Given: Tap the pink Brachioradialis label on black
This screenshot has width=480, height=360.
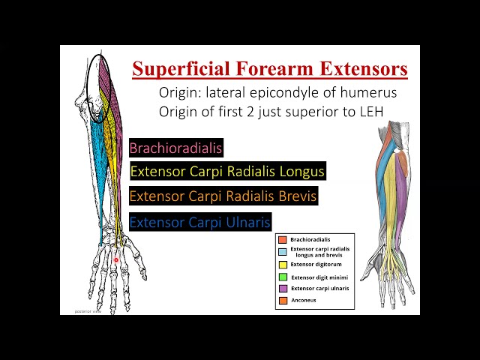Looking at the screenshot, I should (176, 148).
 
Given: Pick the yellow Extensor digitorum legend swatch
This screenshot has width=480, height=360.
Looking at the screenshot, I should (283, 264).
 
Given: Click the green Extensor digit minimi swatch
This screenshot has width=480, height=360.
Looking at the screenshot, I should (283, 277).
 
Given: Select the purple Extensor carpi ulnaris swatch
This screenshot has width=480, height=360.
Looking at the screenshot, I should (283, 288).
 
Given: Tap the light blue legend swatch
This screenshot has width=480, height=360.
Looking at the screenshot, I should (283, 251).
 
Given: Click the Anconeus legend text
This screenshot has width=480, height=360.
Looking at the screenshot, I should (304, 300).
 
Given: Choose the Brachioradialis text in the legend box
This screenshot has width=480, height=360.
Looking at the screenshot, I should (310, 240).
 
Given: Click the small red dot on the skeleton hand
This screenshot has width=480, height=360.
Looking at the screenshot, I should (116, 260).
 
